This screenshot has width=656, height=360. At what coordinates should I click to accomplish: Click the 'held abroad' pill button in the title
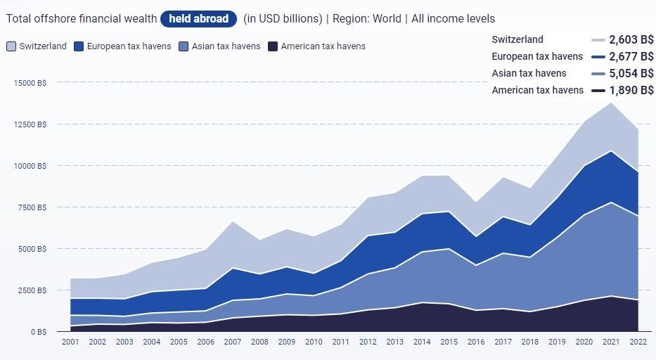[199, 19]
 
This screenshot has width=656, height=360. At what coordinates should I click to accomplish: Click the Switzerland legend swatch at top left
[11, 46]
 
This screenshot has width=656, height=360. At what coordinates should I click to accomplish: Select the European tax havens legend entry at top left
[124, 46]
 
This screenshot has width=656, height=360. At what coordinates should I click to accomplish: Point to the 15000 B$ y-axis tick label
[30, 83]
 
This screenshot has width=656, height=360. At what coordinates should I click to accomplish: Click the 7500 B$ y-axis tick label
[32, 207]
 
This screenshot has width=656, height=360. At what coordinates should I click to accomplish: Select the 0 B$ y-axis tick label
[37, 332]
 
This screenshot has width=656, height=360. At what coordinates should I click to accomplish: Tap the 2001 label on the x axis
[70, 342]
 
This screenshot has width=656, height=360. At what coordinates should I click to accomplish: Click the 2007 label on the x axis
[232, 342]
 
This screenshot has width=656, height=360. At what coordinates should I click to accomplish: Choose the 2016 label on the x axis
[476, 342]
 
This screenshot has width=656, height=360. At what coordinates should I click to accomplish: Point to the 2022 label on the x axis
[638, 342]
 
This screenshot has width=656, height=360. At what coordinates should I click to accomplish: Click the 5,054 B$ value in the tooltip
[631, 73]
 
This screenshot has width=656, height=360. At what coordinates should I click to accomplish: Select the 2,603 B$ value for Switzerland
[631, 39]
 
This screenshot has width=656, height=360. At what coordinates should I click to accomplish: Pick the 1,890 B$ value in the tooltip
[631, 90]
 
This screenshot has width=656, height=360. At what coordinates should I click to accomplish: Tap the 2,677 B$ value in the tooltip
[631, 56]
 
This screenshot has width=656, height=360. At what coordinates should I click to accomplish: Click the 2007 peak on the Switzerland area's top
[232, 221]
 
